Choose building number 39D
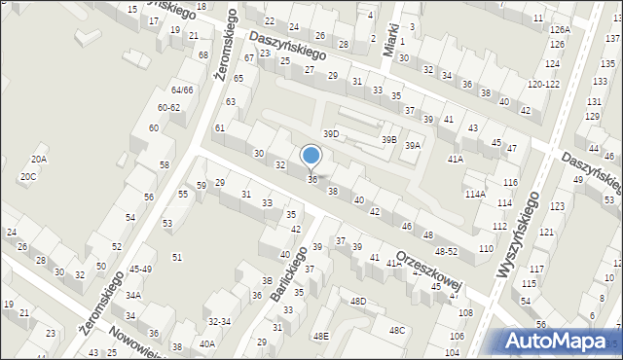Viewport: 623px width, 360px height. click(x=332, y=133)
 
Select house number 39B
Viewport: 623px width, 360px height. click(x=388, y=140)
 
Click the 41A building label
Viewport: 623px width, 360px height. click(x=455, y=158)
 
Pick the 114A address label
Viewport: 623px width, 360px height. click(x=475, y=194)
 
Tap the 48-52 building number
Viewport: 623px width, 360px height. click(x=446, y=251)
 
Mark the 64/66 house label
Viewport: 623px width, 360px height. click(x=182, y=90)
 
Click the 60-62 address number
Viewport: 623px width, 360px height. click(x=168, y=107)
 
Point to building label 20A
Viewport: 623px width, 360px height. click(x=39, y=159)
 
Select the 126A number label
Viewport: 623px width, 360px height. click(x=559, y=30)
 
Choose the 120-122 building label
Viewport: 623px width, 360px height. click(x=543, y=84)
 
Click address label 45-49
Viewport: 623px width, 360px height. click(x=140, y=270)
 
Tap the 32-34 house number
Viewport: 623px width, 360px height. click(x=219, y=321)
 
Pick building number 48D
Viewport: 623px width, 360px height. click(x=358, y=302)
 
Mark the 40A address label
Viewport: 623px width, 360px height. click(x=207, y=343)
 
